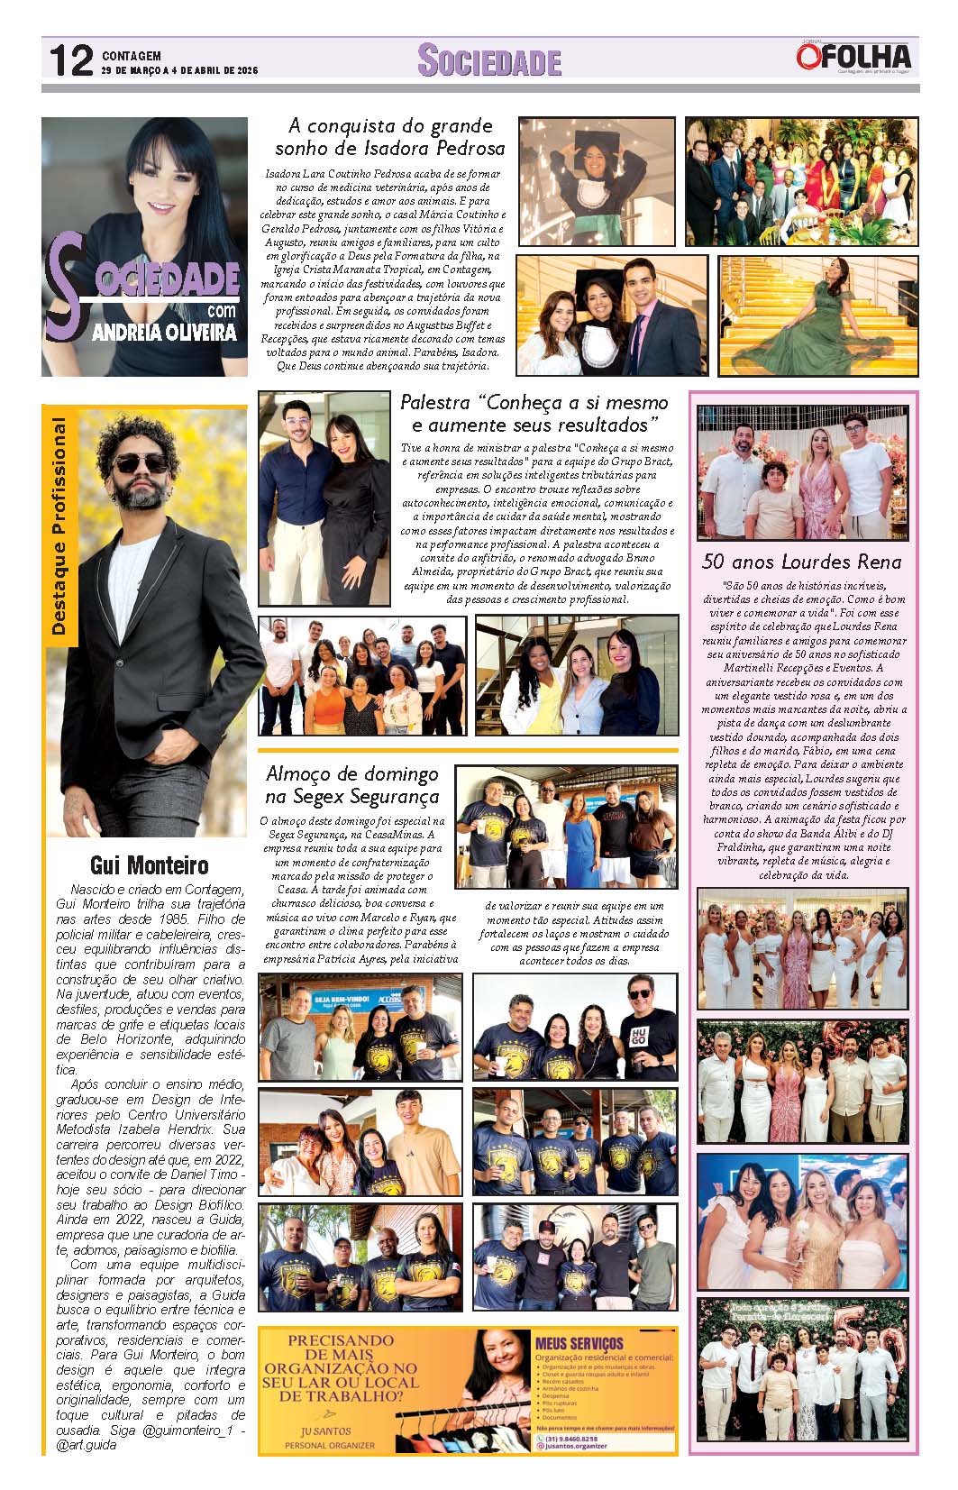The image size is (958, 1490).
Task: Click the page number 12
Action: (x=70, y=61)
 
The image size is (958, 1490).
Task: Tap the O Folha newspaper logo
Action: (x=853, y=57)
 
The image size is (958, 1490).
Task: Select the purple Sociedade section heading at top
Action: (x=489, y=61)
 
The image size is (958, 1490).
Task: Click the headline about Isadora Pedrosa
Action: (x=389, y=136)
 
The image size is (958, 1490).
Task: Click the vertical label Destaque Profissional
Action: (x=59, y=527)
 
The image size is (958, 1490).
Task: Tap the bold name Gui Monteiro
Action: (x=150, y=866)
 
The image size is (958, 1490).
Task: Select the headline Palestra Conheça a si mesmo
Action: (x=534, y=413)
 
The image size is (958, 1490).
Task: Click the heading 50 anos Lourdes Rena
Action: (x=801, y=562)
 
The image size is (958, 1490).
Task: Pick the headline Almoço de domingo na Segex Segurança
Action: (x=351, y=784)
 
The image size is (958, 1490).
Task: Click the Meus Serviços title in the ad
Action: (x=579, y=1344)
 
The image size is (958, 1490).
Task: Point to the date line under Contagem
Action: (x=179, y=70)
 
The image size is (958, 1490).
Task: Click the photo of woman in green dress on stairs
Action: (x=817, y=315)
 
